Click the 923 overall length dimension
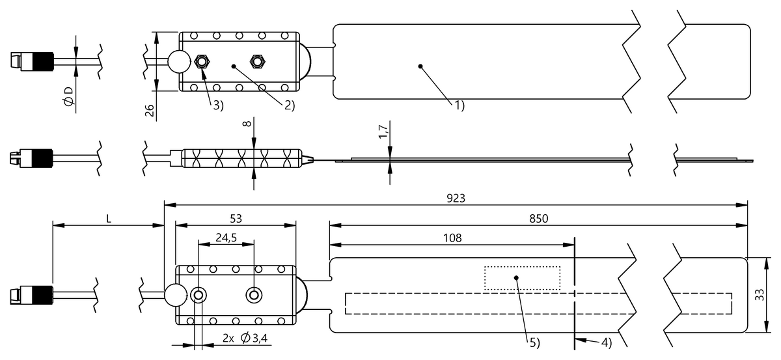(x=456, y=198)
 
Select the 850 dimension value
(x=538, y=219)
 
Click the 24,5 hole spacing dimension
(x=226, y=238)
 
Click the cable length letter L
(x=109, y=219)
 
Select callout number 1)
(x=459, y=104)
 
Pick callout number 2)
(x=289, y=104)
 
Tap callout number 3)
(x=217, y=104)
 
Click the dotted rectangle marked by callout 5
(x=522, y=278)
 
